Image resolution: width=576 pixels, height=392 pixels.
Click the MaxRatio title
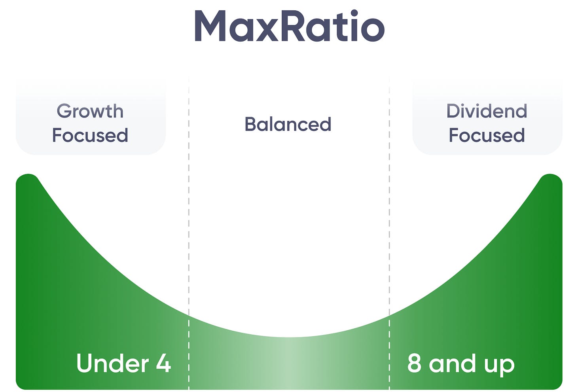[x=289, y=27]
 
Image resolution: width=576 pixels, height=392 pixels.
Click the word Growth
[x=90, y=111]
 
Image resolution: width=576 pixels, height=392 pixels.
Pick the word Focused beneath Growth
[x=90, y=135]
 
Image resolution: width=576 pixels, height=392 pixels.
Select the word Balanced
[x=288, y=124]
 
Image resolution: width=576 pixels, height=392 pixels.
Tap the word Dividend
[x=487, y=111]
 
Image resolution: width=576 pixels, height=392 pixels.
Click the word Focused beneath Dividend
[x=487, y=135]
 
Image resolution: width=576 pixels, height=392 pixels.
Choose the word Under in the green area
[x=112, y=363]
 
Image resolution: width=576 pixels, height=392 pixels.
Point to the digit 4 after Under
[x=163, y=363]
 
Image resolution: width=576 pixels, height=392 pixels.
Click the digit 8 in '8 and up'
[x=414, y=363]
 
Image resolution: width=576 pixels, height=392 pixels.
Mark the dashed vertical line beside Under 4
[x=189, y=237]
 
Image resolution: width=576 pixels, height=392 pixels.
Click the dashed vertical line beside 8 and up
[x=390, y=237]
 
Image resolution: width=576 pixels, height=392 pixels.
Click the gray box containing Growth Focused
[x=90, y=119]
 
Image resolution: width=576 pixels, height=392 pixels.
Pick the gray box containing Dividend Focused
[x=487, y=119]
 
